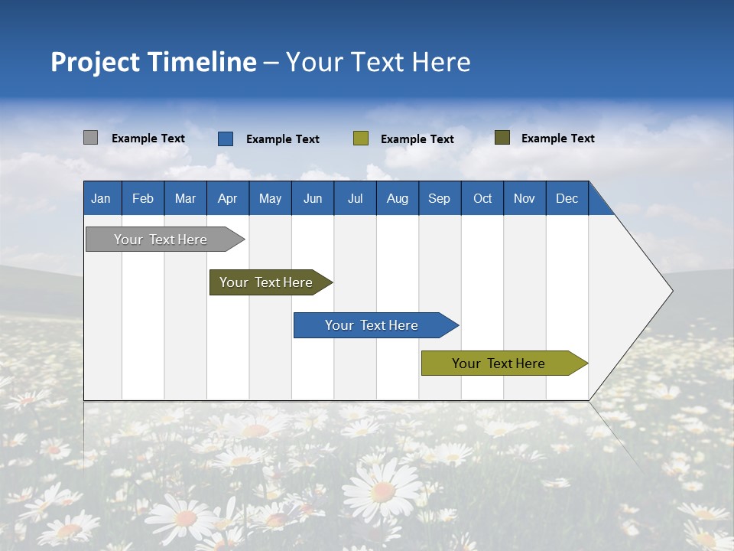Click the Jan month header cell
tap(102, 198)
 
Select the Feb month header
tap(143, 198)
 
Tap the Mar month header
tap(185, 198)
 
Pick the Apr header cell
tap(228, 198)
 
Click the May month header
tap(270, 198)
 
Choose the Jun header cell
tap(313, 198)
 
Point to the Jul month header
tap(355, 198)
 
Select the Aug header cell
tap(398, 198)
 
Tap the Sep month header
tap(440, 198)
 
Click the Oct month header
tap(482, 198)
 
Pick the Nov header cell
tap(525, 198)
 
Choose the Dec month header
tap(567, 198)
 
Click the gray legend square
tap(91, 138)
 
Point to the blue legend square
tap(226, 139)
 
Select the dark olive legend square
tap(502, 138)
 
